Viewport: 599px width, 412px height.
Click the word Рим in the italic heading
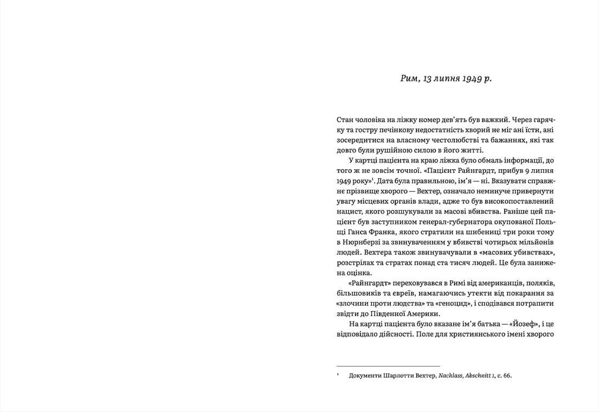409,79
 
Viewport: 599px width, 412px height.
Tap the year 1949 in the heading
472,79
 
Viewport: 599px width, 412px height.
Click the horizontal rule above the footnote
388,366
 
